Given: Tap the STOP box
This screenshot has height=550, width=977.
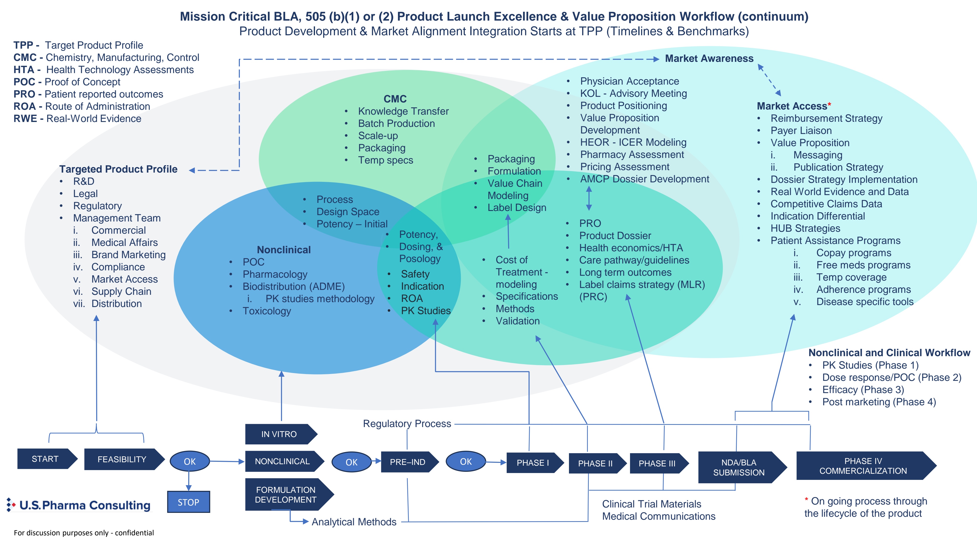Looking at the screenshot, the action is click(189, 502).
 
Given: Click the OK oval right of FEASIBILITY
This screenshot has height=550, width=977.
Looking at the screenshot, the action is click(190, 461).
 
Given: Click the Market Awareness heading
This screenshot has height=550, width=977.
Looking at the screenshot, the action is click(709, 58).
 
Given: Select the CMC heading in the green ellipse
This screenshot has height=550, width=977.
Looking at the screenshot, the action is click(395, 99).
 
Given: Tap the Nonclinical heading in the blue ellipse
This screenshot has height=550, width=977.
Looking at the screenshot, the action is click(284, 250).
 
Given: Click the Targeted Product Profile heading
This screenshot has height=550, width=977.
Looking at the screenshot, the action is click(118, 169).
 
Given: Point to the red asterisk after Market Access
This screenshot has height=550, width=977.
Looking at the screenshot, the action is click(830, 104).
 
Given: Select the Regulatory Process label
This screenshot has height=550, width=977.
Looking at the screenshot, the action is click(407, 424).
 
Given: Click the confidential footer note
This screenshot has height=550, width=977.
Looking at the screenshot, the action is click(84, 533).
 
